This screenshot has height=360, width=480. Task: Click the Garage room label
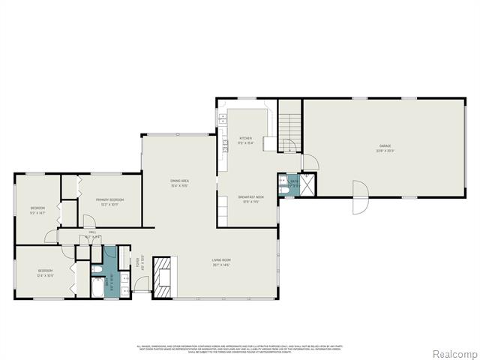tap(385, 147)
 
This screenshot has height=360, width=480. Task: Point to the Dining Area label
tap(179, 182)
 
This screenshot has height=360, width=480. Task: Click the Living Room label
tap(220, 263)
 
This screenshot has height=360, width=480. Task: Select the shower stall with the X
tap(307, 184)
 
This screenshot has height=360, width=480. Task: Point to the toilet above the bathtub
tap(97, 268)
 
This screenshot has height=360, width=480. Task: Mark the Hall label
tap(94, 234)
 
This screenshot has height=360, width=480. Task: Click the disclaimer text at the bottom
tap(240, 348)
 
